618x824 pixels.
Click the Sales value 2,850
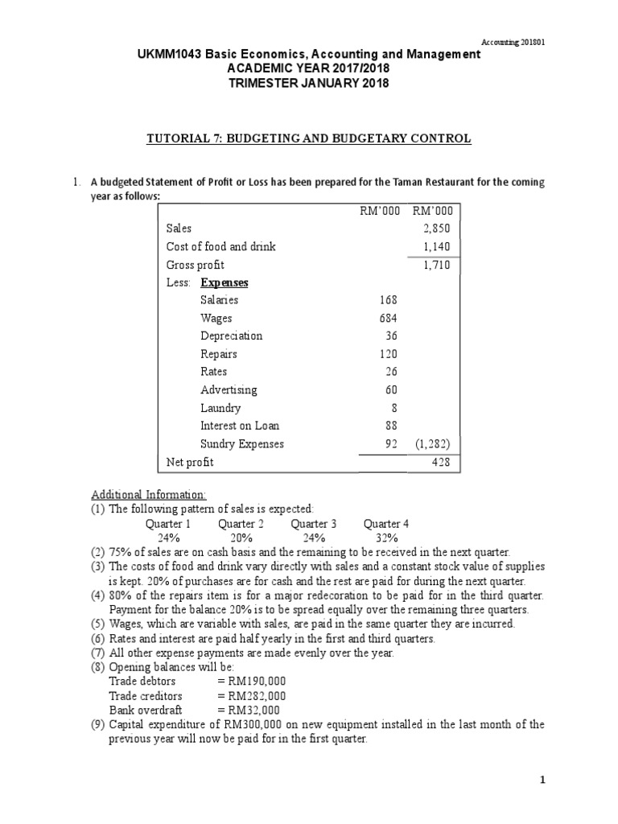(x=437, y=229)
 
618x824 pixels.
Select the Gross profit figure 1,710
(x=437, y=265)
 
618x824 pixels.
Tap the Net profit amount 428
(x=441, y=463)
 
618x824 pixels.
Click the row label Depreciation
(x=231, y=336)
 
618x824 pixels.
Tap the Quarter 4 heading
(x=386, y=524)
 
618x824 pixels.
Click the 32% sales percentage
(x=386, y=538)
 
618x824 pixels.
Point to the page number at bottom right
(x=542, y=780)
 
